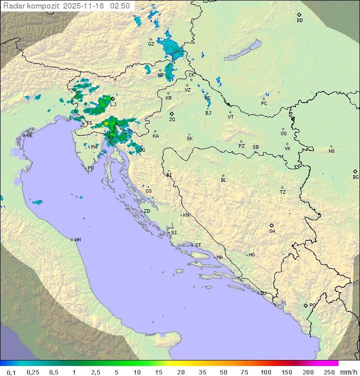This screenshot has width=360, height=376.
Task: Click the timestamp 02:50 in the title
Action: [x=121, y=6]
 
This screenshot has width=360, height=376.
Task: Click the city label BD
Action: [x=299, y=21]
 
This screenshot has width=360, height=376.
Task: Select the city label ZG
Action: [x=172, y=120]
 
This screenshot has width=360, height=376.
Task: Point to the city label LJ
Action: [x=113, y=104]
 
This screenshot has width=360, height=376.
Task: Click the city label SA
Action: [x=272, y=231]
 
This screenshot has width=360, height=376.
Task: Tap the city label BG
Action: [x=355, y=177]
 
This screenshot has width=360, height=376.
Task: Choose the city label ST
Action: [x=198, y=245]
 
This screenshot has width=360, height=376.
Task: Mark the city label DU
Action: [x=262, y=293]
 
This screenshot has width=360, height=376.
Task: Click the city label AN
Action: [x=77, y=240]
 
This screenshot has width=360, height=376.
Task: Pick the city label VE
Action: [x=29, y=136]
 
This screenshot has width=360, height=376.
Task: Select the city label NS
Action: [x=331, y=151]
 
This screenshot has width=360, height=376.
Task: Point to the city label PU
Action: [x=90, y=168]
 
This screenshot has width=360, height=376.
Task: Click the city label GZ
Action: [x=151, y=44]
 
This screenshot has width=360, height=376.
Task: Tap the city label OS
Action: [x=283, y=134]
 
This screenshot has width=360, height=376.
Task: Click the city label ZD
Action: [x=146, y=211]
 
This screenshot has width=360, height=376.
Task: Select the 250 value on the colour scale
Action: [x=329, y=372]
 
